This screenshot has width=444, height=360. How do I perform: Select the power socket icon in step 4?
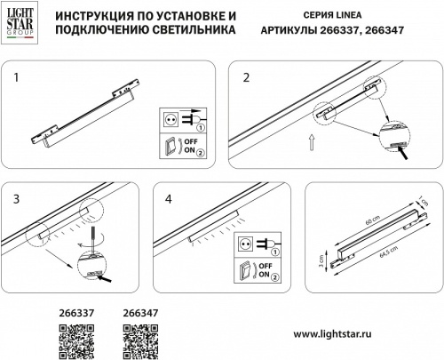(245, 240)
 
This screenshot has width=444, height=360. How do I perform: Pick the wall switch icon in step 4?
(245, 270)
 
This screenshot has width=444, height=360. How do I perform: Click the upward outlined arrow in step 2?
(310, 139)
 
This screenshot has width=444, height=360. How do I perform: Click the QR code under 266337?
(74, 340)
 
